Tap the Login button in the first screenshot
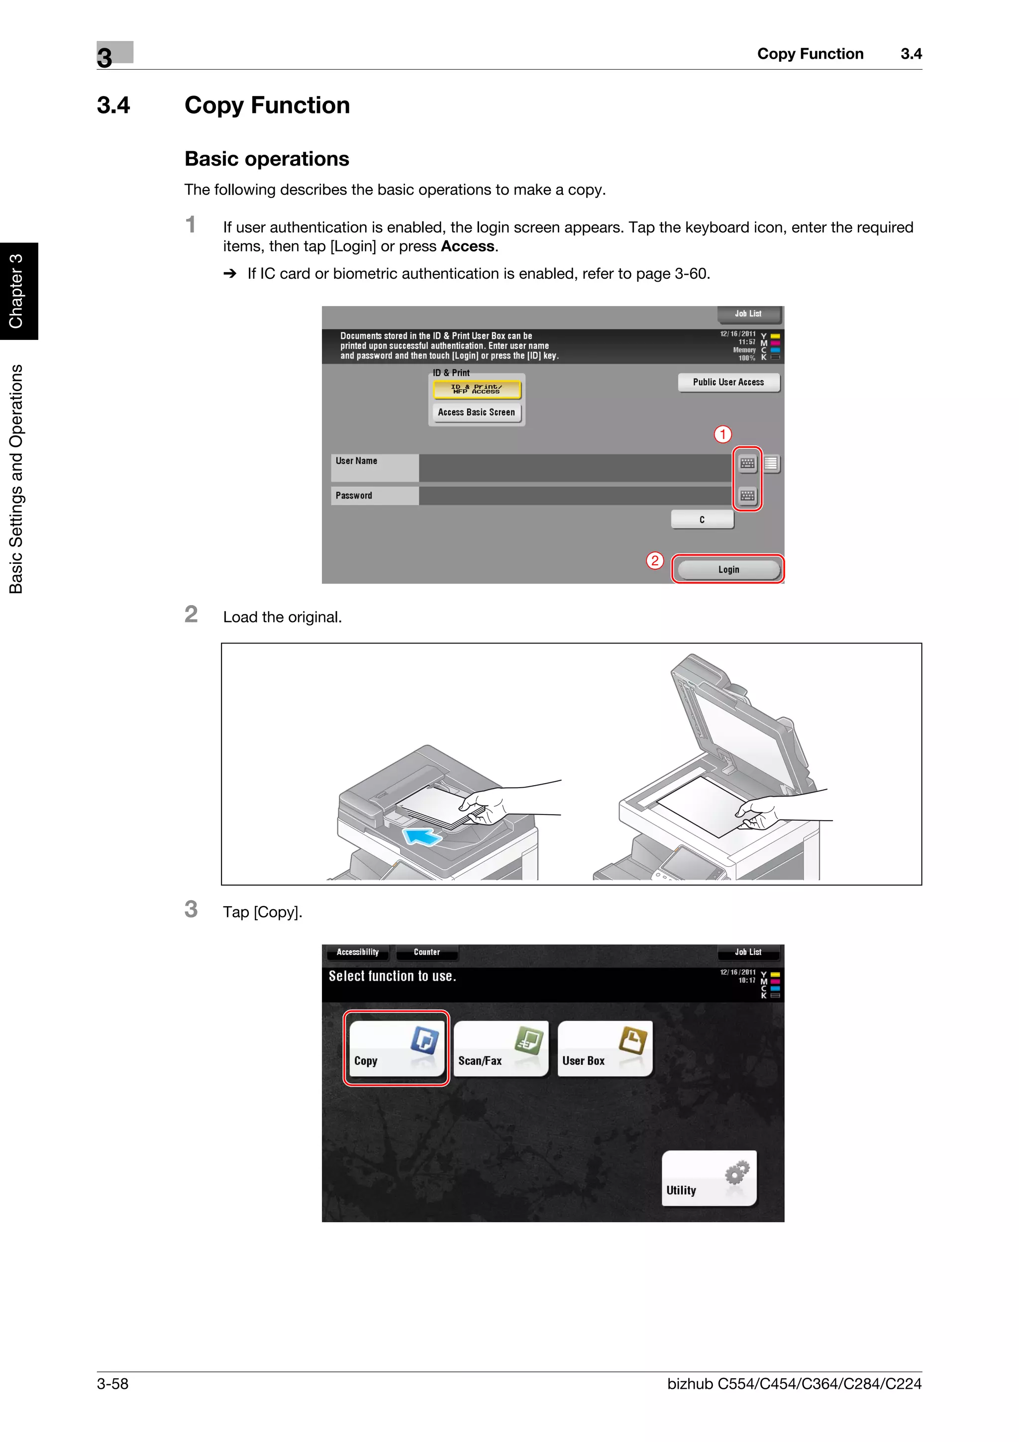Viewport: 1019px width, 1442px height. [x=728, y=569]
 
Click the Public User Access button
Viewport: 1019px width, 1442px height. [x=728, y=382]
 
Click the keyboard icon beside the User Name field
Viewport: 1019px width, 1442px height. [x=747, y=464]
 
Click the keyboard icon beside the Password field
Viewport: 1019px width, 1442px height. [x=747, y=496]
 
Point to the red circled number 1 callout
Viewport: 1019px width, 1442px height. [x=722, y=434]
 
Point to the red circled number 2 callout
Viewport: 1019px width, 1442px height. [x=655, y=560]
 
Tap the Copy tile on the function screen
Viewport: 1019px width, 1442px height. [x=396, y=1047]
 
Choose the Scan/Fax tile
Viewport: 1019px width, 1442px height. [x=501, y=1047]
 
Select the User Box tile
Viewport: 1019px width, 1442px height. [x=605, y=1047]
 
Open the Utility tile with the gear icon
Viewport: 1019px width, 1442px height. [x=709, y=1178]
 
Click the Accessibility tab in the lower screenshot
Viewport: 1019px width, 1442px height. [x=357, y=952]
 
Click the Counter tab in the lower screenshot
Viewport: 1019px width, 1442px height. [x=427, y=952]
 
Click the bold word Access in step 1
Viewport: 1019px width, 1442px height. [x=467, y=246]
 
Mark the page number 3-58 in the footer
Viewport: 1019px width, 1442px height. [x=112, y=1384]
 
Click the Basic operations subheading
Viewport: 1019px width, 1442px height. [x=267, y=159]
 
